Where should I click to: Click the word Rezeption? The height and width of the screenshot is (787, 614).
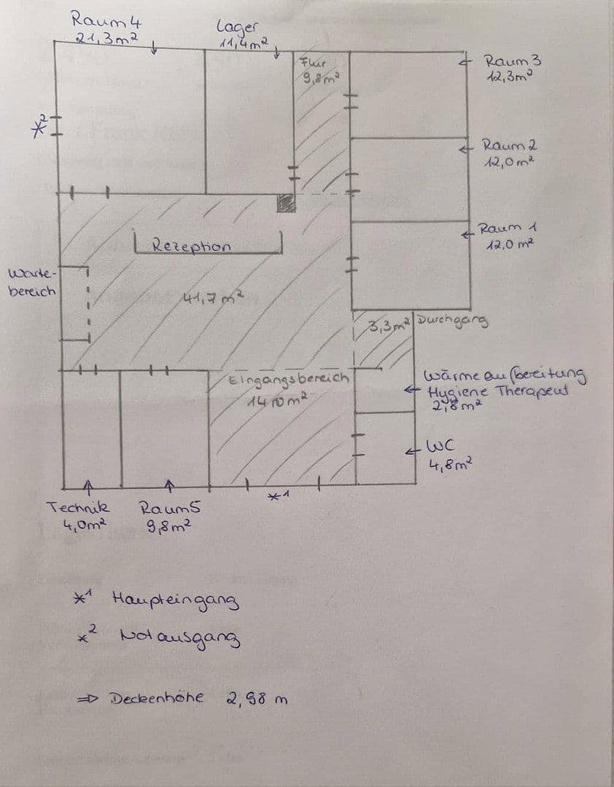(x=192, y=246)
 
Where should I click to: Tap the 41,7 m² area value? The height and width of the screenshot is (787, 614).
(x=211, y=297)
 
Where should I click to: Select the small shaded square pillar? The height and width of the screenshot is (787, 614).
(x=286, y=203)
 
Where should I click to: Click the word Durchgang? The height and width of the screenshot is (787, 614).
(x=453, y=320)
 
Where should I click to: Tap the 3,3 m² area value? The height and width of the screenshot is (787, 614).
(x=390, y=325)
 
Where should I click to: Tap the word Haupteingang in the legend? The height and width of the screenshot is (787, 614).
(x=175, y=601)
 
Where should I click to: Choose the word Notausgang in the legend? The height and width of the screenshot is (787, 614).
(x=176, y=639)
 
